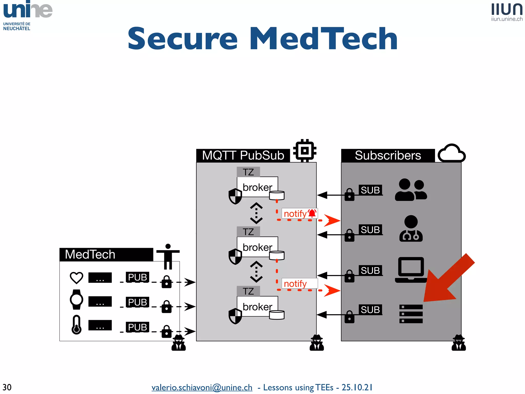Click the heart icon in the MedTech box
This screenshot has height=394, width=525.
tap(76, 278)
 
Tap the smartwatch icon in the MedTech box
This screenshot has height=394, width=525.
tap(76, 299)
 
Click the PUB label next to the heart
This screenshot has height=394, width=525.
tap(137, 277)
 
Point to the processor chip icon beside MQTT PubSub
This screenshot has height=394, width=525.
tap(305, 151)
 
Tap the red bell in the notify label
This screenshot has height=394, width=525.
tap(312, 213)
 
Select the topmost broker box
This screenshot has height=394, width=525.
tap(257, 187)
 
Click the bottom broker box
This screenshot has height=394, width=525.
tap(257, 307)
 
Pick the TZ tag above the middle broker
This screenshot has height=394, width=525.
tap(248, 232)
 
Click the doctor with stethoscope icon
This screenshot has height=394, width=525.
tap(411, 229)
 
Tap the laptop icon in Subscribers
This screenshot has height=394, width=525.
tap(411, 270)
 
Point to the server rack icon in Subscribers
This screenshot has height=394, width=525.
tap(411, 314)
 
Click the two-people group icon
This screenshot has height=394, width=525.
tap(411, 190)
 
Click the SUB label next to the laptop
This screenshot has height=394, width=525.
tap(370, 270)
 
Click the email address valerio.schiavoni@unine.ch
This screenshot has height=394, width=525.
tap(202, 387)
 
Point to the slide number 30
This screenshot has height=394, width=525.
tap(7, 387)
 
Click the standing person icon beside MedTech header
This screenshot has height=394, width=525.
tap(168, 256)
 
